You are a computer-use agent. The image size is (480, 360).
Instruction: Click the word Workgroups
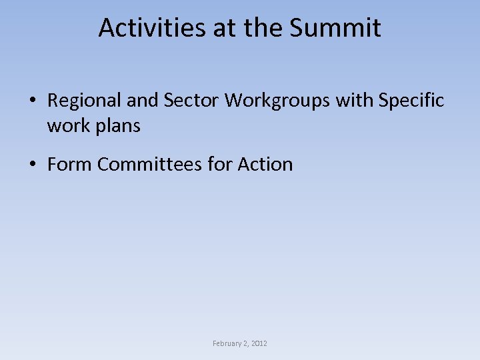click(x=277, y=101)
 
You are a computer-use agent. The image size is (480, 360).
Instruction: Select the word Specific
click(x=411, y=101)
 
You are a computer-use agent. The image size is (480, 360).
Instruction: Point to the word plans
click(x=118, y=126)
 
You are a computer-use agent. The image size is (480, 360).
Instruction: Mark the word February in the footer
click(x=227, y=343)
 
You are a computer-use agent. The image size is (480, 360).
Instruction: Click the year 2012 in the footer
click(x=259, y=343)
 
